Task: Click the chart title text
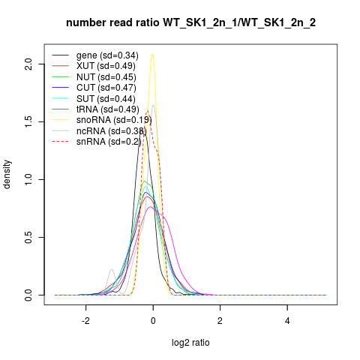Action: (190, 23)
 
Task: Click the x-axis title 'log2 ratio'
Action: (190, 343)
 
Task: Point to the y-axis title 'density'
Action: (7, 175)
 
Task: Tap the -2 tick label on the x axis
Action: (85, 321)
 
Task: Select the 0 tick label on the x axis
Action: (153, 321)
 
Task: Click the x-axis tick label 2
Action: (220, 321)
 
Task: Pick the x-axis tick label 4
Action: (287, 321)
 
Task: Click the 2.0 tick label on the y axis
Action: (28, 64)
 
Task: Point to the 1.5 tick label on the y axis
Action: (28, 121)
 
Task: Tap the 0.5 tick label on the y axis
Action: (28, 237)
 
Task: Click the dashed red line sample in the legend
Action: (60, 142)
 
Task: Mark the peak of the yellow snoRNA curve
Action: (152, 54)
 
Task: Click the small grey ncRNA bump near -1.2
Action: (112, 269)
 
